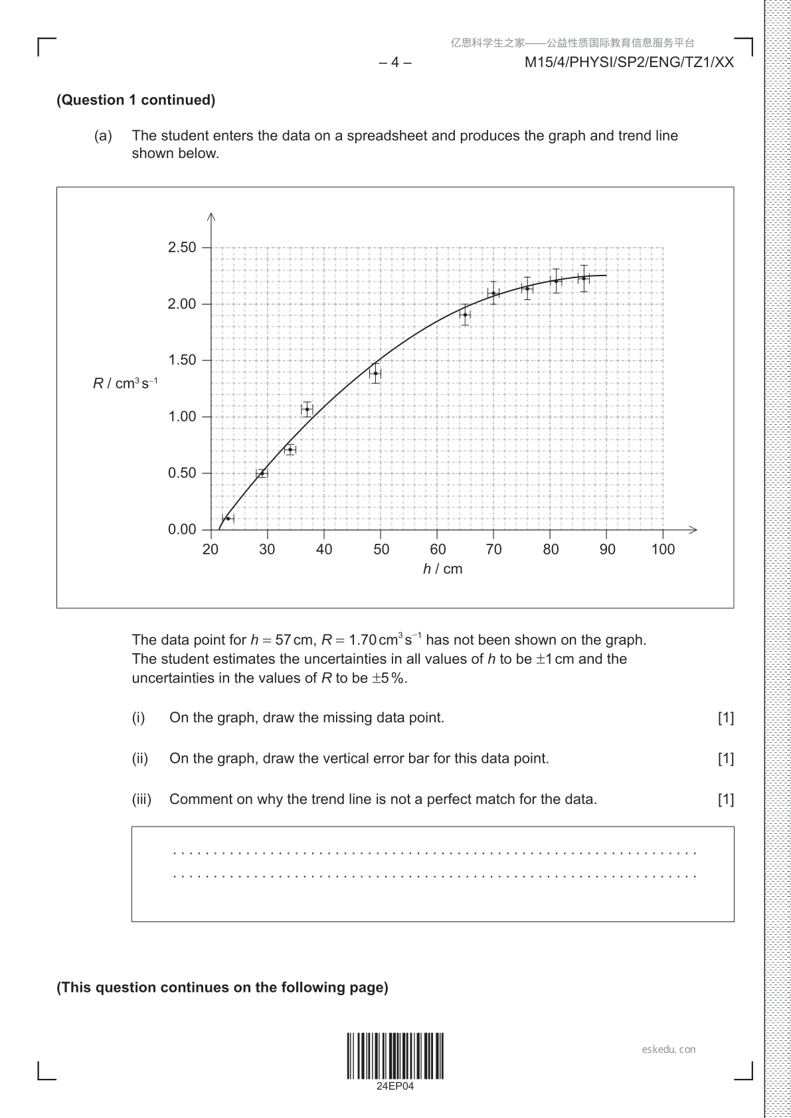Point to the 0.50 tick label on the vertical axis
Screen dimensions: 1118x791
tap(182, 473)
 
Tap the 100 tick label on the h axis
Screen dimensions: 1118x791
tap(663, 549)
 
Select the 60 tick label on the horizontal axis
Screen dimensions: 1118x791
tap(438, 549)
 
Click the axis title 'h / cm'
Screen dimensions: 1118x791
tap(442, 569)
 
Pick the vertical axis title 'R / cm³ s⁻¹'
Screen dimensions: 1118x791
tap(125, 384)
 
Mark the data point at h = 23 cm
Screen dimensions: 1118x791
tap(228, 519)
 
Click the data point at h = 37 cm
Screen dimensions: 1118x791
tap(307, 409)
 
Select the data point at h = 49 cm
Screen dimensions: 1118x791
tap(375, 373)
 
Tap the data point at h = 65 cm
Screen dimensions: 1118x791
tap(466, 315)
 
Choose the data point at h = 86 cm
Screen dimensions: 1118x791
tap(584, 278)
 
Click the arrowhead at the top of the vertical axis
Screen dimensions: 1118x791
tap(211, 215)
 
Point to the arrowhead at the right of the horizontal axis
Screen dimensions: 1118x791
tap(693, 530)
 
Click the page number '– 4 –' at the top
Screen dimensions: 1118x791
tap(395, 62)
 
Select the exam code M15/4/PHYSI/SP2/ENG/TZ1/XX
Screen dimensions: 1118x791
tap(629, 62)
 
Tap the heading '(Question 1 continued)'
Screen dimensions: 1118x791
tap(136, 100)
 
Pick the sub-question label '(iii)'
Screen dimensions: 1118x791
tap(141, 799)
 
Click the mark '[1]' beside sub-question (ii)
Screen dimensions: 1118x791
tap(725, 759)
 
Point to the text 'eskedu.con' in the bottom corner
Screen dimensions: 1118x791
tap(669, 1050)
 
